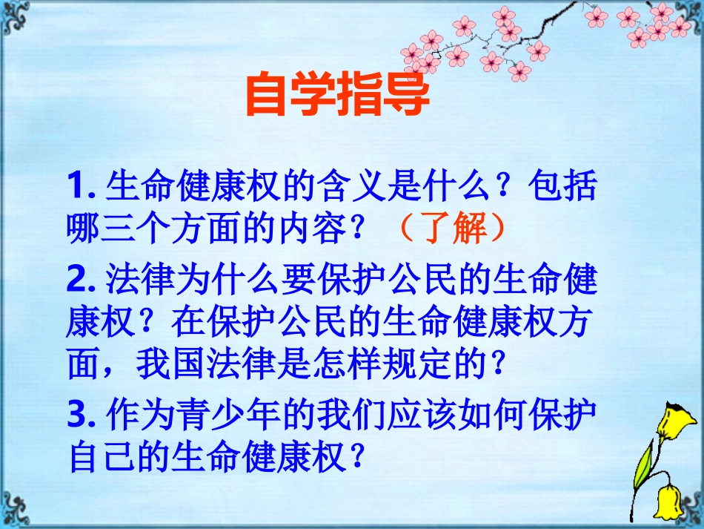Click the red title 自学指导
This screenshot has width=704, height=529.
click(x=337, y=97)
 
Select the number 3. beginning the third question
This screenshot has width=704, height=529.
click(x=83, y=414)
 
